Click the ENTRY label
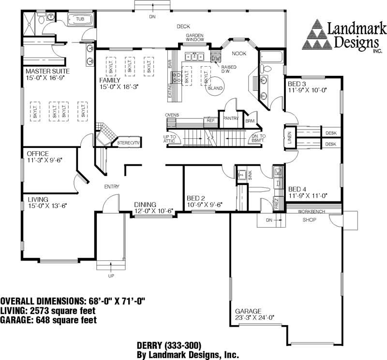[112, 187]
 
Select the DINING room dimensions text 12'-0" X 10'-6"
[154, 211]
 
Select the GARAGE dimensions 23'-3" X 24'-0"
[254, 317]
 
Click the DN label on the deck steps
[153, 17]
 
